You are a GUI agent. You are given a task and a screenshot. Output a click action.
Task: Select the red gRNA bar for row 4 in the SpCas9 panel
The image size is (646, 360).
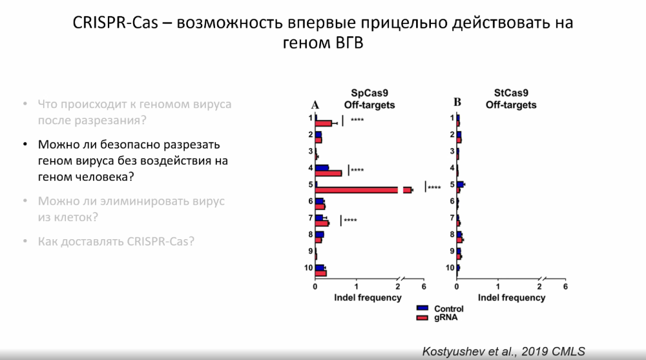[x=329, y=173]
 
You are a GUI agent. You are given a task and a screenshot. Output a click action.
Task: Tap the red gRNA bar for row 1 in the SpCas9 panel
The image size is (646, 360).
[x=324, y=123]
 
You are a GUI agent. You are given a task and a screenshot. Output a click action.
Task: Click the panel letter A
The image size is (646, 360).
[x=315, y=105]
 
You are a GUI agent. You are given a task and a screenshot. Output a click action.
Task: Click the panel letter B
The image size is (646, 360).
[x=457, y=102]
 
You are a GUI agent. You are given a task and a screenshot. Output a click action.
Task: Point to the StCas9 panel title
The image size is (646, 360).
[x=511, y=98]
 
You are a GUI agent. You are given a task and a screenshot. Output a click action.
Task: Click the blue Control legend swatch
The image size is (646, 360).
[x=423, y=309]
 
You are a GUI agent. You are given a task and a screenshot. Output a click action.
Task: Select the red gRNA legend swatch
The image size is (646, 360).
[x=423, y=318]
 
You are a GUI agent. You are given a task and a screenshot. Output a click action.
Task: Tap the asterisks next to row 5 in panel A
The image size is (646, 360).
[x=434, y=188]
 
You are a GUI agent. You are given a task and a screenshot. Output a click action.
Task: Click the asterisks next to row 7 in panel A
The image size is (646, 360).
[x=351, y=221]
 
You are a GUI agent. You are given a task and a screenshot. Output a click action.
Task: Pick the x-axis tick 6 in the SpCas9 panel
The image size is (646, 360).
[x=424, y=287]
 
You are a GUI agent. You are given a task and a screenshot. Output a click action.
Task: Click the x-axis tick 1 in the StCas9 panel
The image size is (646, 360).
[x=498, y=287]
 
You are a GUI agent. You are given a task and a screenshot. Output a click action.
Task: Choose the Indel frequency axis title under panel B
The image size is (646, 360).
[x=511, y=298]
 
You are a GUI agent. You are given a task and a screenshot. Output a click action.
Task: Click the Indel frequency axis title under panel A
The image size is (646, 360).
[x=368, y=298]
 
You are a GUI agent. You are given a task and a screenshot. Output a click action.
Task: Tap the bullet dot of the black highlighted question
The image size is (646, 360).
[x=25, y=144]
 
